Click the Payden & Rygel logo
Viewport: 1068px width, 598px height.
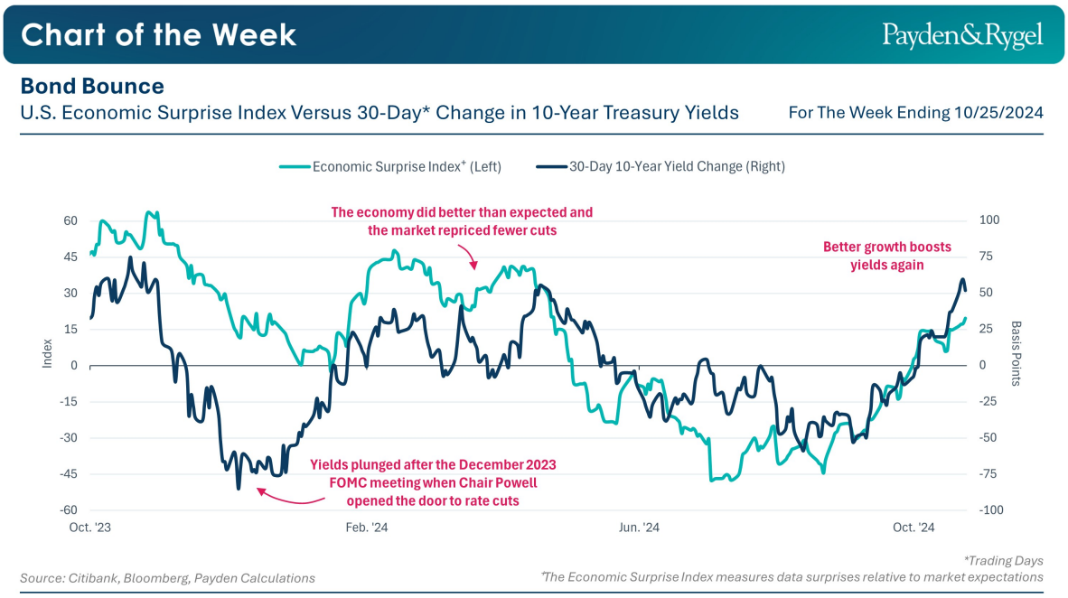962,35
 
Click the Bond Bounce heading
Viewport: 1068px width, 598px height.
92,86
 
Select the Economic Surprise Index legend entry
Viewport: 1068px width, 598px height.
390,166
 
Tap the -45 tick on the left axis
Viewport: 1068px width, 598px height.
69,474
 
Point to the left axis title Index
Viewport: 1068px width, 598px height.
48,353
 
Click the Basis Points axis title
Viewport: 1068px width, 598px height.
1016,353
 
